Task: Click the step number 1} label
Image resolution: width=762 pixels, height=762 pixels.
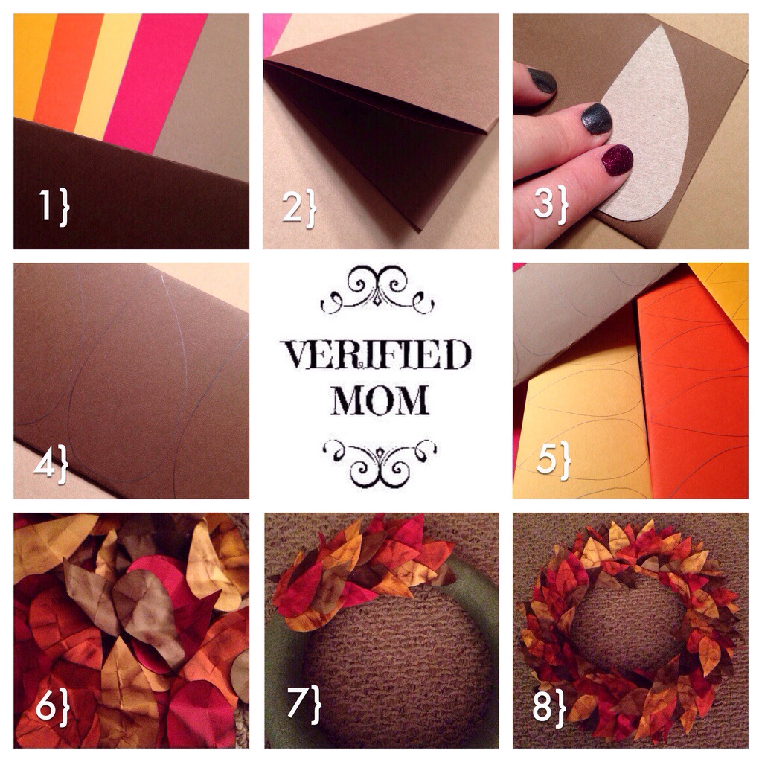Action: pyautogui.click(x=54, y=207)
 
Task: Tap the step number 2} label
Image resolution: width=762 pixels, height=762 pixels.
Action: pyautogui.click(x=299, y=208)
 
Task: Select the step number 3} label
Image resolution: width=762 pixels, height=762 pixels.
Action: pyautogui.click(x=551, y=204)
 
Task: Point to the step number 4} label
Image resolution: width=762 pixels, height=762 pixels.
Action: pyautogui.click(x=51, y=464)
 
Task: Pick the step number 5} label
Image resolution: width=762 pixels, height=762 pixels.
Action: pyautogui.click(x=554, y=460)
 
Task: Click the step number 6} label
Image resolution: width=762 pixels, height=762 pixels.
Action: pyautogui.click(x=53, y=707)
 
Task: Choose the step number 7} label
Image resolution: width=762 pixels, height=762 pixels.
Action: pyautogui.click(x=304, y=704)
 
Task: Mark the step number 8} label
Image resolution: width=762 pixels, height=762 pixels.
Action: pyautogui.click(x=550, y=707)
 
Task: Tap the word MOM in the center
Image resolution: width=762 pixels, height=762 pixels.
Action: pyautogui.click(x=380, y=400)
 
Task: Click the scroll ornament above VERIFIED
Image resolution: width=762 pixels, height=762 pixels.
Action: pyautogui.click(x=377, y=290)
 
